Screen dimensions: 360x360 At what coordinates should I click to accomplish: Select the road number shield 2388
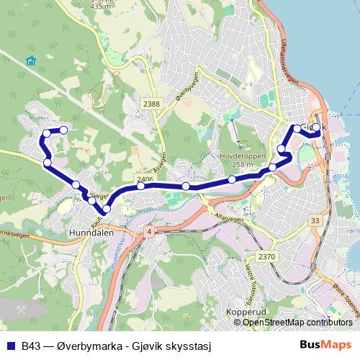[151, 104]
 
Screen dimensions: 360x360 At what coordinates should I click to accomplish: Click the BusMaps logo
[325, 344]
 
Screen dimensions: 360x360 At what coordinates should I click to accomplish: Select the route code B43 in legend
[31, 345]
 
